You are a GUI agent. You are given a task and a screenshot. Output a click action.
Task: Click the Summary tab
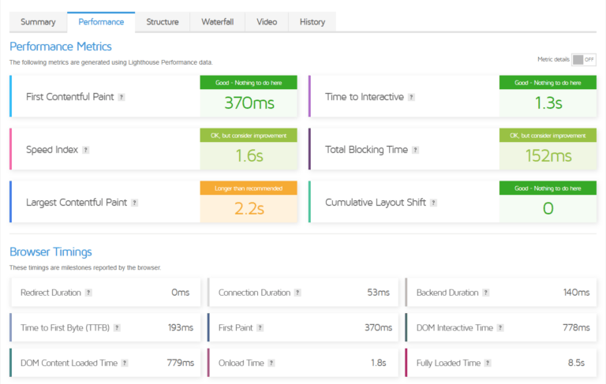(38, 22)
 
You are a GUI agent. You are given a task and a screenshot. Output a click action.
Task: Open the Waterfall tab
(218, 22)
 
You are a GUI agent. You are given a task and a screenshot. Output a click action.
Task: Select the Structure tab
(163, 22)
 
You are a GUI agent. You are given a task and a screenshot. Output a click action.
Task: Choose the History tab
(312, 22)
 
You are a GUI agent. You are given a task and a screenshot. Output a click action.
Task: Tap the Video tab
(267, 22)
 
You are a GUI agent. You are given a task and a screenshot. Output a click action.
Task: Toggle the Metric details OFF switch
(584, 59)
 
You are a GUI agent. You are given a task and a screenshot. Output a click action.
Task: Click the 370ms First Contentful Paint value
(249, 103)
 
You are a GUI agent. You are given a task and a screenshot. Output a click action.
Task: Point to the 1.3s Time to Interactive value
(548, 103)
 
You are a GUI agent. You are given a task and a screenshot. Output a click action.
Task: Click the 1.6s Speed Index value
(249, 156)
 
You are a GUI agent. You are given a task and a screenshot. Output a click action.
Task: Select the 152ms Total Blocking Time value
(548, 156)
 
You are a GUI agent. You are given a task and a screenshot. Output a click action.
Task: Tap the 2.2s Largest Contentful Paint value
(249, 209)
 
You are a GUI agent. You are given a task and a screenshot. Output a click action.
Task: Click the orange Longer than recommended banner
(249, 188)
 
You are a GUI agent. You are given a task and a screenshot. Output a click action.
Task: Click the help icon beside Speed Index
(86, 150)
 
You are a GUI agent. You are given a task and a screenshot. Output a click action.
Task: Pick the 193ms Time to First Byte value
(181, 327)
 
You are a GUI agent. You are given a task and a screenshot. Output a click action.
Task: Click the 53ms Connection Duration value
(379, 293)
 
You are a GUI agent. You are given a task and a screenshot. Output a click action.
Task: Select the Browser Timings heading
(50, 252)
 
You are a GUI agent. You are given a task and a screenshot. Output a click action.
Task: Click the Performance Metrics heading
(61, 46)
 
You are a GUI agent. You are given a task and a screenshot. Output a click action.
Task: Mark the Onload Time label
(241, 363)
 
